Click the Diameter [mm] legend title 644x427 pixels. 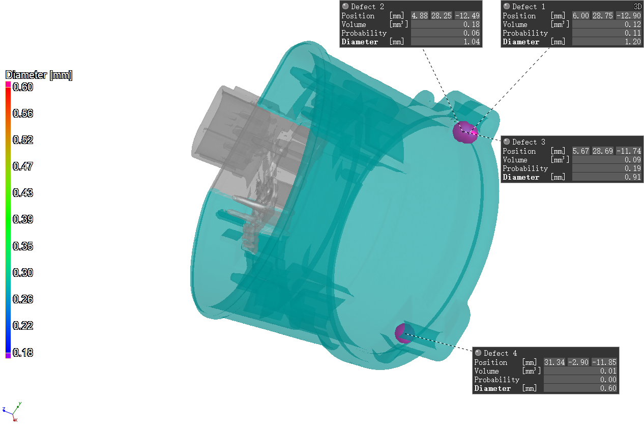(x=39, y=75)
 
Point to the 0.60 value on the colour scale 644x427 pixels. (x=23, y=87)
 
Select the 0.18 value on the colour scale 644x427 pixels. (x=23, y=353)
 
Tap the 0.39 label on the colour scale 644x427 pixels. (x=23, y=219)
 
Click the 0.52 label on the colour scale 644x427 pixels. (x=23, y=140)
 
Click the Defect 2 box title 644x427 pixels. (x=367, y=7)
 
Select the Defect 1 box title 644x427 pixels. (x=529, y=7)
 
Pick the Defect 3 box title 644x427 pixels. (x=529, y=142)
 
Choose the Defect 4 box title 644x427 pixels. (x=500, y=353)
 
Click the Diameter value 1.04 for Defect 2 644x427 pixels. (x=472, y=42)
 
